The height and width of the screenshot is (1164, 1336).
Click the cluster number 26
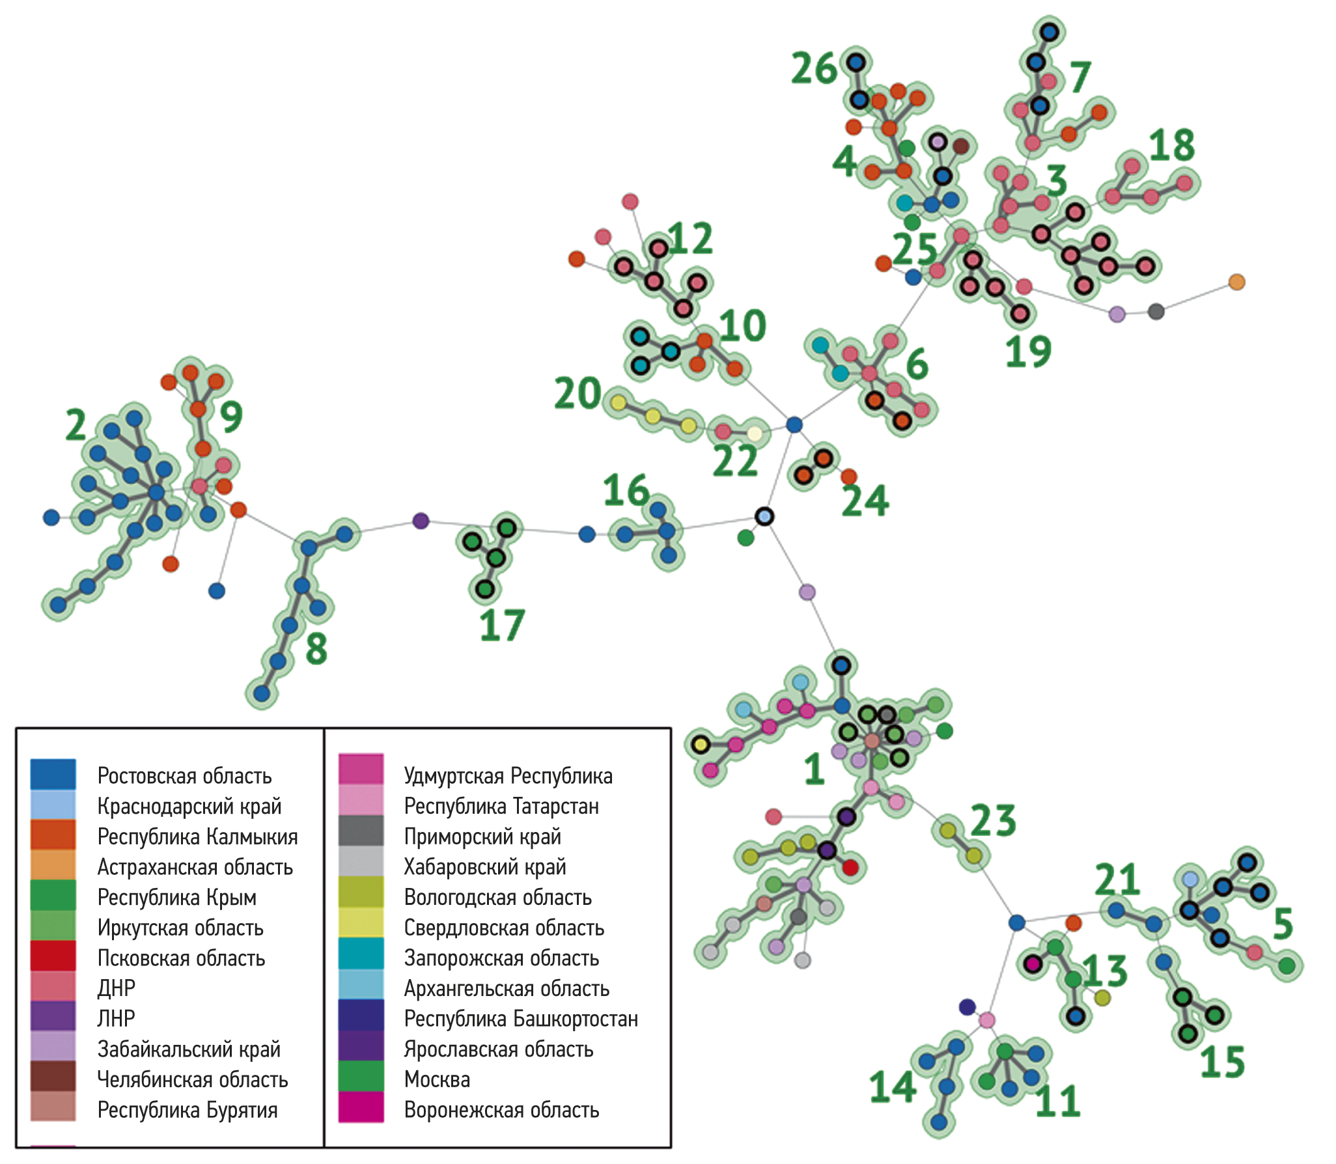click(814, 68)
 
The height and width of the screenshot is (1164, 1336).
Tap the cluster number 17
click(502, 626)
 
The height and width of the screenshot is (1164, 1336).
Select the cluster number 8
click(316, 649)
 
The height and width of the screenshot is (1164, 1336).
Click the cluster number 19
click(1029, 352)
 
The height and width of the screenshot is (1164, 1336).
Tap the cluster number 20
click(578, 394)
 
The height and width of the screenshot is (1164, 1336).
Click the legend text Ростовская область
click(184, 776)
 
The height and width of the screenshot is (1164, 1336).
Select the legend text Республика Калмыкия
click(197, 837)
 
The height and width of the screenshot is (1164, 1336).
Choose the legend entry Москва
click(437, 1079)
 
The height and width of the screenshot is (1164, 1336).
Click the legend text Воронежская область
click(501, 1110)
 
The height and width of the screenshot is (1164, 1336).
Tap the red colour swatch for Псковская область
click(53, 957)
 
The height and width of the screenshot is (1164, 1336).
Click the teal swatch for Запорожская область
click(361, 957)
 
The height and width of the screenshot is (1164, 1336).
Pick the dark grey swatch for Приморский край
click(361, 835)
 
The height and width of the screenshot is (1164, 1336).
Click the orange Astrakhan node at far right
click(1236, 282)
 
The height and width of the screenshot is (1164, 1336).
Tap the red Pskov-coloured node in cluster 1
click(850, 867)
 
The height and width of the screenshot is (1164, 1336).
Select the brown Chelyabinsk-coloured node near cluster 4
click(961, 146)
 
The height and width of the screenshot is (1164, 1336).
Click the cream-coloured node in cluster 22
click(754, 434)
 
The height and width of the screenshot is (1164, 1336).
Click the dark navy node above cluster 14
click(967, 1007)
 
